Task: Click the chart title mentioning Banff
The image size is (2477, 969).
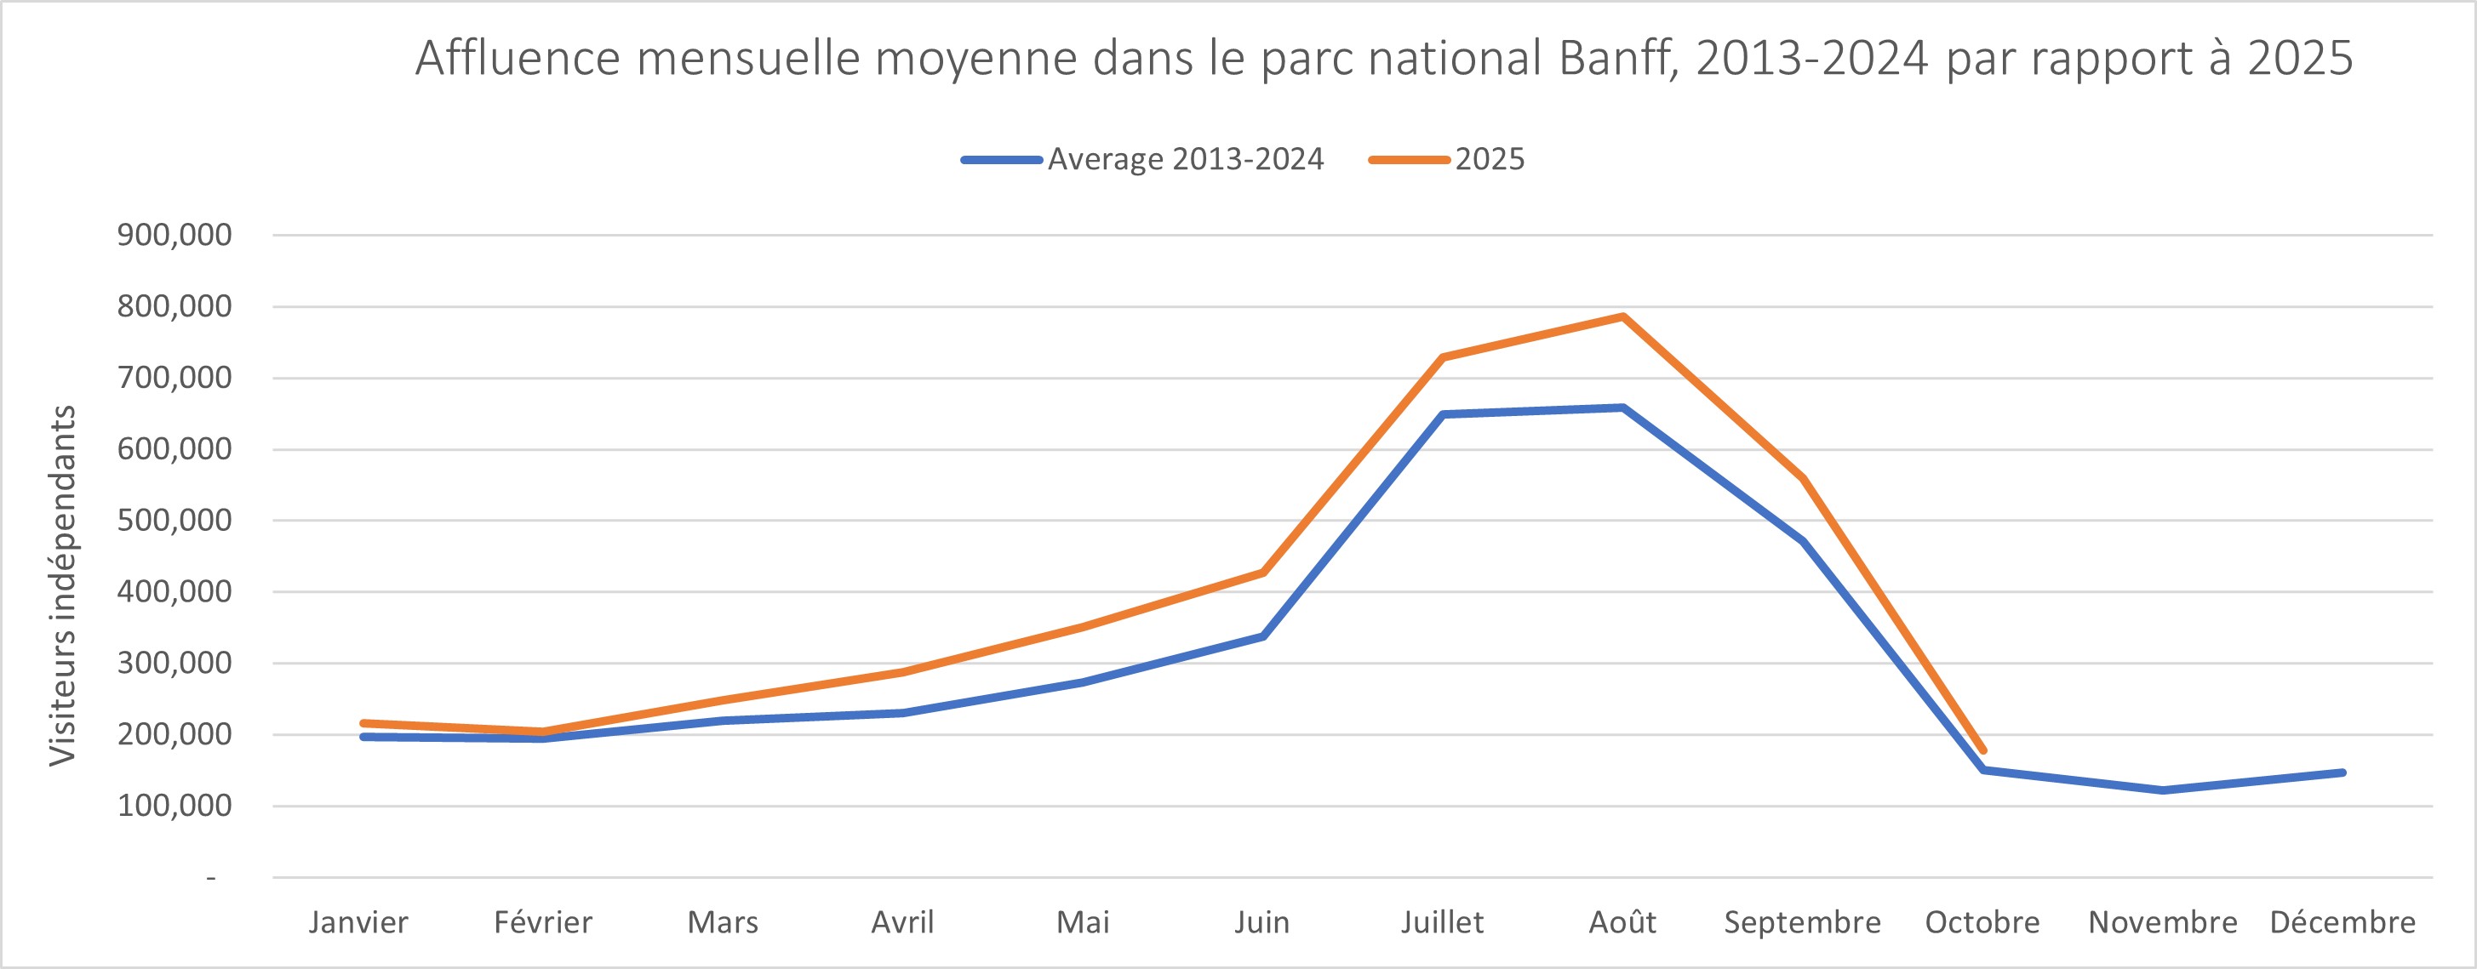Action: pyautogui.click(x=1384, y=60)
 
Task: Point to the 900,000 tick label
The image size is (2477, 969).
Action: pyautogui.click(x=175, y=235)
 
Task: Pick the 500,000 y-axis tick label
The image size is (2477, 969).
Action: pyautogui.click(x=175, y=520)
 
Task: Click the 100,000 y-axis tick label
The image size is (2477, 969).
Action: pyautogui.click(x=175, y=806)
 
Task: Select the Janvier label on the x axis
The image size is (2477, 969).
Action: pyautogui.click(x=358, y=923)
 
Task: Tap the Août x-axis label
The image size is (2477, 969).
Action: pyautogui.click(x=1622, y=923)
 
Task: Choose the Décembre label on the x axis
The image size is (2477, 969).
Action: pyautogui.click(x=2343, y=923)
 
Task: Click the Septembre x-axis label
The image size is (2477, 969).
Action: pyautogui.click(x=1802, y=923)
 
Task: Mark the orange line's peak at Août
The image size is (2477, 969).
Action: pyautogui.click(x=1622, y=316)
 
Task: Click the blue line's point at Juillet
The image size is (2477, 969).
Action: pyautogui.click(x=1442, y=414)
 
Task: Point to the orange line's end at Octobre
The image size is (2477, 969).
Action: pyautogui.click(x=1982, y=750)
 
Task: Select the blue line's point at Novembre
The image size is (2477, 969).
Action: pyautogui.click(x=2163, y=790)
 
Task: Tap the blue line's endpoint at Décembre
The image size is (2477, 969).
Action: pyautogui.click(x=2343, y=772)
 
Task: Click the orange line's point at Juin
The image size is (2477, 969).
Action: pyautogui.click(x=1262, y=573)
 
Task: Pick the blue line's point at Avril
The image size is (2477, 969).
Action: pyautogui.click(x=903, y=713)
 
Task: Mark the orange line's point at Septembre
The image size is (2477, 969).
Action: pyautogui.click(x=1802, y=479)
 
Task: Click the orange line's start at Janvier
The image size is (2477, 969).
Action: pyautogui.click(x=363, y=723)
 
